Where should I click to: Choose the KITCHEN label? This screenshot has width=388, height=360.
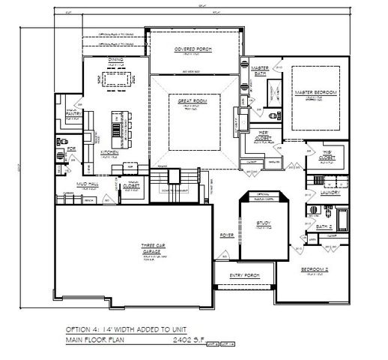pos(110,152)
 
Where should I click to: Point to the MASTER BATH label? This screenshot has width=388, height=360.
pos(248,70)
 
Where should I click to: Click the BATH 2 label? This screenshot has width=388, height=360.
pos(323,226)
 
